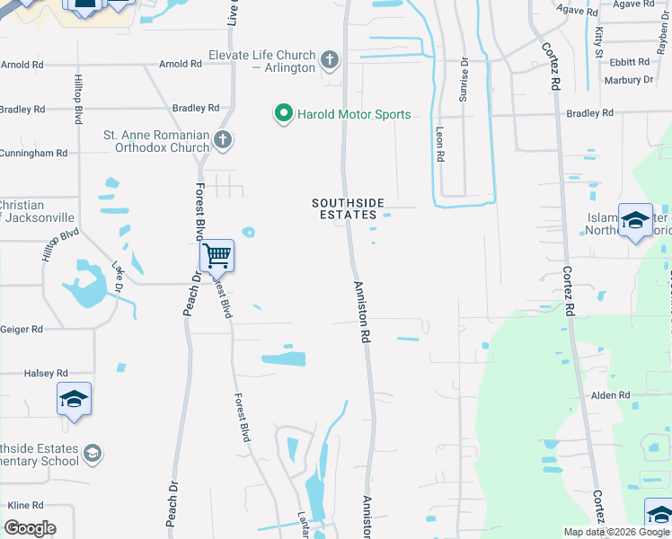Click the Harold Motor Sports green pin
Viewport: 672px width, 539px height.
tap(284, 114)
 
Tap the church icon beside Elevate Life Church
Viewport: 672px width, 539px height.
tap(330, 61)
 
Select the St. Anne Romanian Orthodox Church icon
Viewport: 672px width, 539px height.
tap(223, 140)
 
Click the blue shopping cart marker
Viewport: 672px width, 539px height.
tap(217, 257)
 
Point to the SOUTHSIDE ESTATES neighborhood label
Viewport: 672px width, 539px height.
tap(344, 208)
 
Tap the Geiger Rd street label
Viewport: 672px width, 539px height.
tap(22, 330)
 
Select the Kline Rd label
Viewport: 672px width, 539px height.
tap(25, 506)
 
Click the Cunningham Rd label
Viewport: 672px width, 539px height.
tap(34, 154)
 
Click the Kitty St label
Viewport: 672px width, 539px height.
tap(598, 41)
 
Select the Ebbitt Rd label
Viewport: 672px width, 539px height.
tap(629, 62)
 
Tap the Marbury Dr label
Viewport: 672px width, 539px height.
tap(629, 80)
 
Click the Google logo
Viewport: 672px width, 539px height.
tap(30, 528)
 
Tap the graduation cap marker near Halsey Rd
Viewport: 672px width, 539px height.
tap(74, 399)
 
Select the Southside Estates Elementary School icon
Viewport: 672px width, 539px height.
tap(92, 455)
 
